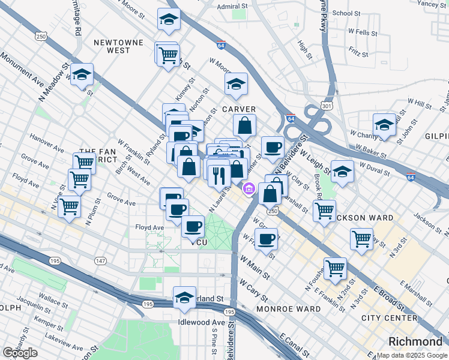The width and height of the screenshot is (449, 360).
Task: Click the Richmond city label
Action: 415,341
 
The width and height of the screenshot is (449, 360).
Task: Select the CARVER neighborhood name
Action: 239,109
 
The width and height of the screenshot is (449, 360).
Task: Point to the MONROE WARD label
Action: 288,308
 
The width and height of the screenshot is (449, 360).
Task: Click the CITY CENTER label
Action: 390,317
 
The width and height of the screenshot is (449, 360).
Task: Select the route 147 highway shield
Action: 100,260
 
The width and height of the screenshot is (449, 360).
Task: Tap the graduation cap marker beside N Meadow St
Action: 82,75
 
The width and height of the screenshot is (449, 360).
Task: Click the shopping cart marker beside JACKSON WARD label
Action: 324,211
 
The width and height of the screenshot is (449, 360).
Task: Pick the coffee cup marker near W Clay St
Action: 272,147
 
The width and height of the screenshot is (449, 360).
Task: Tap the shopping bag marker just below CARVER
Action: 244,125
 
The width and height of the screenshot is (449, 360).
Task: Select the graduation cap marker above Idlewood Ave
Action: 184,297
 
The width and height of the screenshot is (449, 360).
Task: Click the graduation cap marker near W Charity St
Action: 384,125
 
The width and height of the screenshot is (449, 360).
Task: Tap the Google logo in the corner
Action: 20,353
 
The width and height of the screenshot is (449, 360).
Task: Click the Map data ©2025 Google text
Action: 411,355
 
